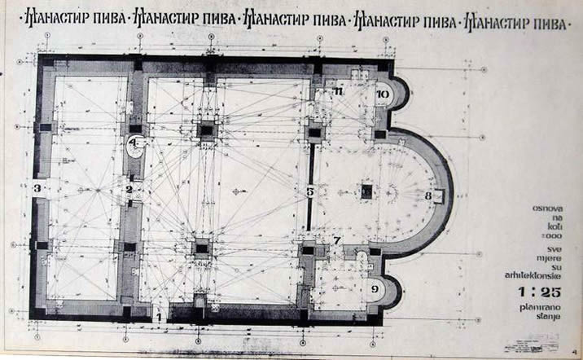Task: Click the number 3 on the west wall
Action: [x=37, y=189]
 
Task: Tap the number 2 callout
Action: [x=129, y=190]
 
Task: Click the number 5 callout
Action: [x=310, y=192]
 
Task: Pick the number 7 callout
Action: [x=337, y=240]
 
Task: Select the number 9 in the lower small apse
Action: [x=375, y=288]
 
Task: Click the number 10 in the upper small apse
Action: [x=383, y=94]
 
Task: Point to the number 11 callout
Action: [x=338, y=91]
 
